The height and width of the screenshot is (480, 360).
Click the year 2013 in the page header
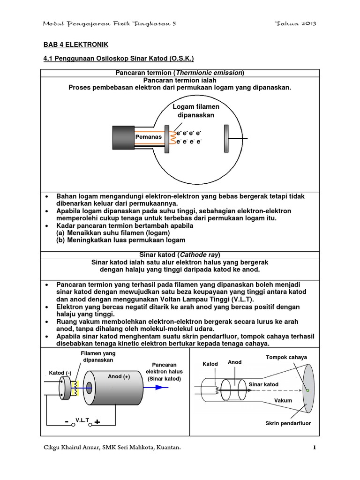click(306, 24)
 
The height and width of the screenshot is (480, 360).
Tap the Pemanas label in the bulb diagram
click(148, 137)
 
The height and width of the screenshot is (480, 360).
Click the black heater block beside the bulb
click(123, 138)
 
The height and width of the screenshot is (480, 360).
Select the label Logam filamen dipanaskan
click(196, 111)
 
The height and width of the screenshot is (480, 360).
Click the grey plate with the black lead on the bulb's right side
click(226, 138)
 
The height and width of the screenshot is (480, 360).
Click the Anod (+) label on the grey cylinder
click(119, 376)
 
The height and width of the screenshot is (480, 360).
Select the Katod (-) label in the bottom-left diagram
click(60, 373)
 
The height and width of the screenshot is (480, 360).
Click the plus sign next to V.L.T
click(97, 422)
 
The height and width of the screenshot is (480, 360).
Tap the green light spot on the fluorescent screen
click(308, 390)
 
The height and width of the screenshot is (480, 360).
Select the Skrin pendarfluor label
click(288, 423)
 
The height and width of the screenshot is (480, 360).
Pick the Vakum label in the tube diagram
click(283, 400)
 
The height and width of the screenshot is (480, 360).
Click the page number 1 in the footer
click(315, 448)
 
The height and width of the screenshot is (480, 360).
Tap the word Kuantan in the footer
click(166, 448)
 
